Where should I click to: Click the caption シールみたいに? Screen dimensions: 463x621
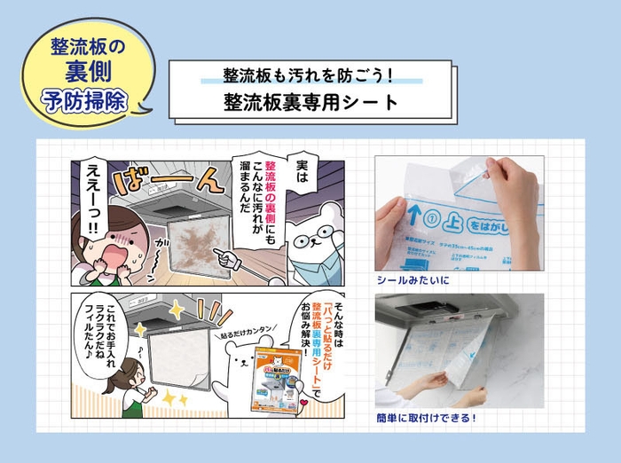click(413, 280)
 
